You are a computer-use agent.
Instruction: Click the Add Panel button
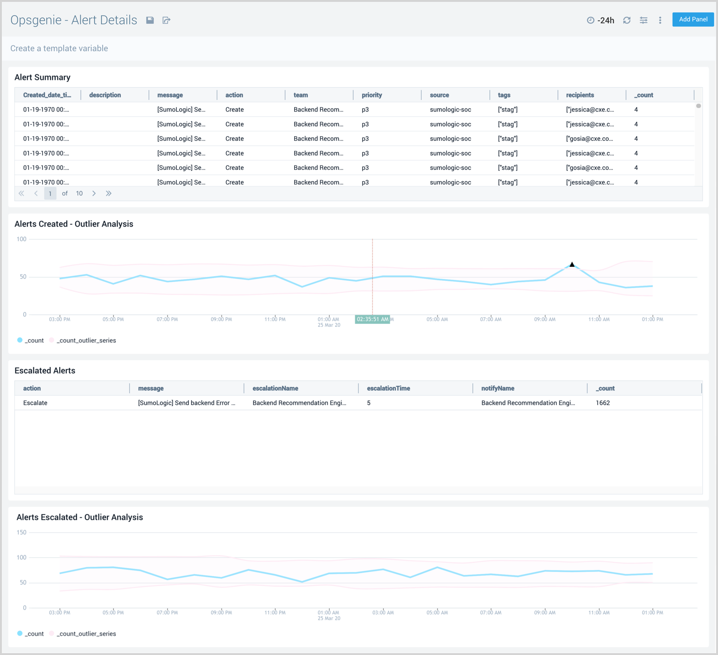click(x=692, y=19)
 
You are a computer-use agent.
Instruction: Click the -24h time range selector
click(x=601, y=20)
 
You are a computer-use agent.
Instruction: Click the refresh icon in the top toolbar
click(x=627, y=20)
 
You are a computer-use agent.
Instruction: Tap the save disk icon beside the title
click(x=150, y=20)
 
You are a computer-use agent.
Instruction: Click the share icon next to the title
click(x=166, y=20)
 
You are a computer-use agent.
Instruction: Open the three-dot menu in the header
click(x=660, y=20)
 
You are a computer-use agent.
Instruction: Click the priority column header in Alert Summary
click(x=372, y=95)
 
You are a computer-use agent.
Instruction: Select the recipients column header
click(x=580, y=95)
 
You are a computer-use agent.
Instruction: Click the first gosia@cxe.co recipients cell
click(x=589, y=139)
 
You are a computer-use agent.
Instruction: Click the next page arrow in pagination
click(x=94, y=193)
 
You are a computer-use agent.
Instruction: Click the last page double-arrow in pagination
click(x=108, y=193)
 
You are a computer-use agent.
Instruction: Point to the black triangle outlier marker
click(x=572, y=265)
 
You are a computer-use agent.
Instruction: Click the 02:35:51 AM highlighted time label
click(x=372, y=319)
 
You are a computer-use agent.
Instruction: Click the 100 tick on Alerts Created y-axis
click(x=22, y=239)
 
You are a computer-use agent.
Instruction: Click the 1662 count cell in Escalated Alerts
click(x=603, y=403)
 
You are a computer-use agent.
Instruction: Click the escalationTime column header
click(x=388, y=388)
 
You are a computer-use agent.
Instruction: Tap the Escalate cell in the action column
click(x=35, y=403)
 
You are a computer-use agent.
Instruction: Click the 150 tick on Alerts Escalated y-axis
click(x=22, y=533)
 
